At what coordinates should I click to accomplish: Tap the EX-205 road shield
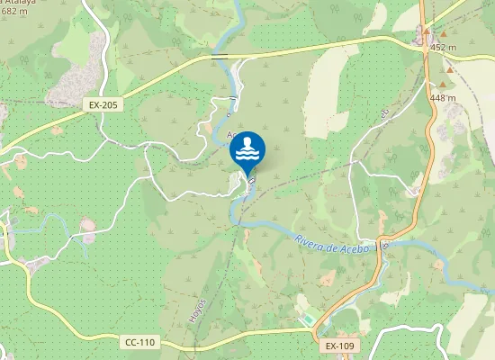pos(104,105)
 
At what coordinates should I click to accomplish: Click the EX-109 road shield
pos(341,346)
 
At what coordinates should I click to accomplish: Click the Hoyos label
pos(199,311)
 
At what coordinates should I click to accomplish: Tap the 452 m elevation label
pos(443,47)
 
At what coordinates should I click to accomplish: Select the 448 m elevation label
pos(443,98)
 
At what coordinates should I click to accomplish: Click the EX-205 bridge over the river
pos(220,57)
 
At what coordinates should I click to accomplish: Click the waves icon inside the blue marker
pos(247,155)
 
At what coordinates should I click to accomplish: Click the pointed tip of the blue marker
pos(247,176)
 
